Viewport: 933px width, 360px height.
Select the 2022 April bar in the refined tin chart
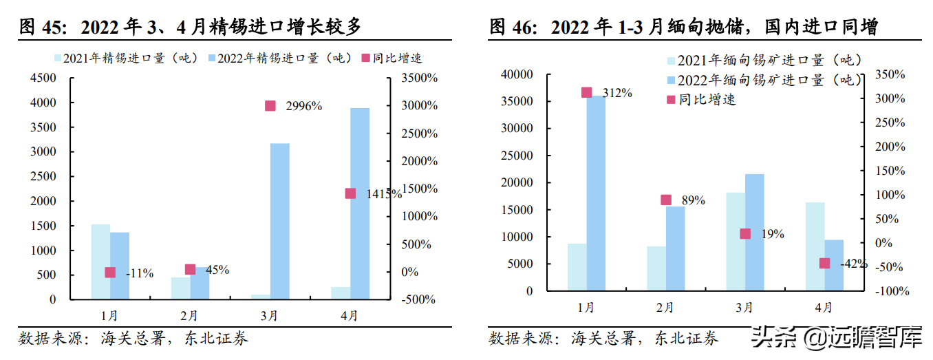tap(359, 203)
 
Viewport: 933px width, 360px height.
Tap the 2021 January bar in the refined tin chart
tap(100, 262)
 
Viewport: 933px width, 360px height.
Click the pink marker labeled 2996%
tap(270, 106)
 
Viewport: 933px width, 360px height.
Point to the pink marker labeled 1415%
tap(350, 193)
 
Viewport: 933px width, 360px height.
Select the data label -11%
tap(140, 273)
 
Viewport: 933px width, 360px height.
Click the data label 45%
tap(217, 270)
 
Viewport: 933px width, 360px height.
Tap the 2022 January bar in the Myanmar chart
tap(596, 193)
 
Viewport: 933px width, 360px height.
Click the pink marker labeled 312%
tap(586, 92)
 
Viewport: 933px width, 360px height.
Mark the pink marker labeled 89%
tap(665, 200)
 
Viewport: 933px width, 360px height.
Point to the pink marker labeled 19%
tap(745, 234)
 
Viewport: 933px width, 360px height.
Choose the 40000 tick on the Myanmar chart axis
tap(518, 74)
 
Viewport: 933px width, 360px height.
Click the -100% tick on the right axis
tap(890, 291)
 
